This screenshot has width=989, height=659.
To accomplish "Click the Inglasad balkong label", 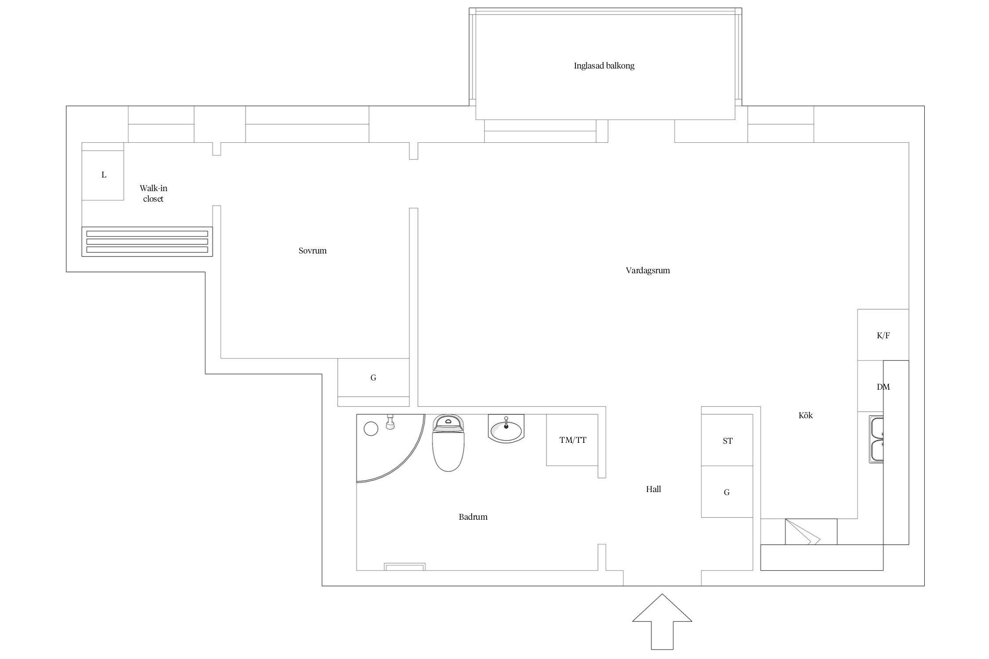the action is pos(604,66).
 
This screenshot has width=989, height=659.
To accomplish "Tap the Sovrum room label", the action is pos(313,251).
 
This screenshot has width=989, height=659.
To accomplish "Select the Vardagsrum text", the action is pos(647,271).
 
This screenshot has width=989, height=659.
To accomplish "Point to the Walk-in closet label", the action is pos(153,193).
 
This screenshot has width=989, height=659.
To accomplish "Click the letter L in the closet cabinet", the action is pos(104,175).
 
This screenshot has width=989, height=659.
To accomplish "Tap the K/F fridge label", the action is pos(883,336).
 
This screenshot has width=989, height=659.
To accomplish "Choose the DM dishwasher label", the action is pos(883,387).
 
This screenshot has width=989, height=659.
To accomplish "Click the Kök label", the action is pos(806,415).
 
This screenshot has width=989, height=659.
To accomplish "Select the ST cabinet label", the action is pos(727,441).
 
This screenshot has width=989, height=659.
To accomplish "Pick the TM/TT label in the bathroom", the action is pos(573,440).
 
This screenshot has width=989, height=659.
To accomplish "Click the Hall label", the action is pos(654,489).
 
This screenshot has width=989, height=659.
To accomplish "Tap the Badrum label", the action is pos(473,517).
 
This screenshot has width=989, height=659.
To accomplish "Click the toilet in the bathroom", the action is pos(448,443).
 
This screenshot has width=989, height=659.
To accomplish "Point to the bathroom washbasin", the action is pos(506,429).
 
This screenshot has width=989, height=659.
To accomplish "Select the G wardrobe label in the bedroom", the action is pos(373,378).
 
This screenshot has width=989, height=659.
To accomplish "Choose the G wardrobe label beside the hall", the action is pos(727,492).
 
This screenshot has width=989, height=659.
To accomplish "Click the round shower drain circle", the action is pos(371,428).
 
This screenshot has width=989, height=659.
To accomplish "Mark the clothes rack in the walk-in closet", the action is pos(147,242).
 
